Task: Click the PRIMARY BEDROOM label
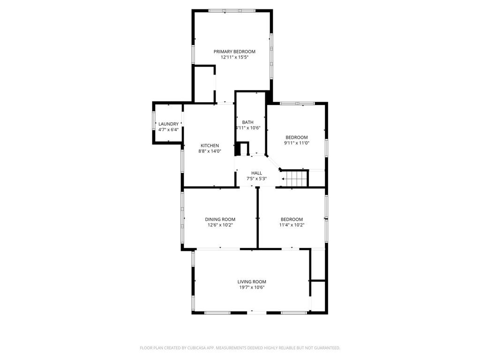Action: [234, 52]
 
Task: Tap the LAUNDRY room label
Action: [168, 124]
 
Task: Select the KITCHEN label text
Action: [210, 146]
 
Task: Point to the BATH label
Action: [247, 122]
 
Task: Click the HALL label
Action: [256, 173]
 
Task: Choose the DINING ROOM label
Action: [220, 219]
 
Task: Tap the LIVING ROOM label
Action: [252, 282]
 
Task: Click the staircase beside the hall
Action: [294, 179]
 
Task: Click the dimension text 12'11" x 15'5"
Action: [234, 57]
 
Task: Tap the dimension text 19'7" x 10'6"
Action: [252, 287]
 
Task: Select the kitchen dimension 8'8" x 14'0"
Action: [210, 151]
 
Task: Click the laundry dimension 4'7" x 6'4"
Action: [168, 129]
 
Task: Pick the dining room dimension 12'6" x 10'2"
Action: [220, 225]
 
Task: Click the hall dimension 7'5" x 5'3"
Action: [256, 179]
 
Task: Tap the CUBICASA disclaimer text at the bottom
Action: [240, 348]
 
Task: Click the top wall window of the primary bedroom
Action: [232, 11]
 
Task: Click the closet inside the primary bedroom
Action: [204, 84]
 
